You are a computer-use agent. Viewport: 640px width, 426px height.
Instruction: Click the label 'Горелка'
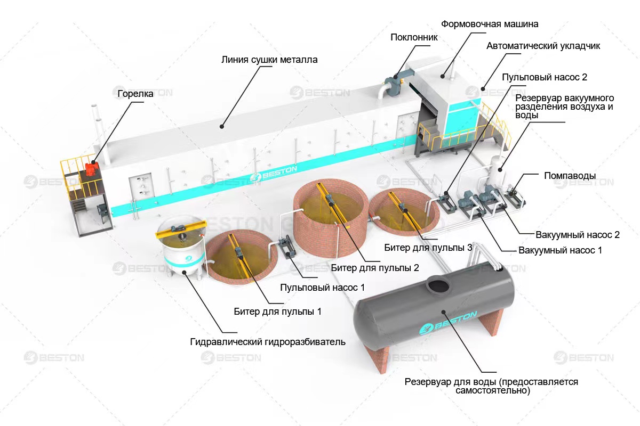point(135,94)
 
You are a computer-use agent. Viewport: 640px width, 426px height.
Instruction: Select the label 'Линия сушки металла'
point(269,60)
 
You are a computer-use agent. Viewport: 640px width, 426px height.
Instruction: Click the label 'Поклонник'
point(414,37)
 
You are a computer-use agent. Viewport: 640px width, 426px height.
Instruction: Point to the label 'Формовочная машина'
point(490,24)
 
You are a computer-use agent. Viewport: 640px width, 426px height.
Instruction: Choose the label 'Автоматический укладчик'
point(543,46)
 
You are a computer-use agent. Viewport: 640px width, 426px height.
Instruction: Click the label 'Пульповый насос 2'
point(545,77)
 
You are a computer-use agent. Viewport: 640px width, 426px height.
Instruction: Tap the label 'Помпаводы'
point(570,175)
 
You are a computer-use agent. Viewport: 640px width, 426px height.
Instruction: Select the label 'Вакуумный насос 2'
point(570,234)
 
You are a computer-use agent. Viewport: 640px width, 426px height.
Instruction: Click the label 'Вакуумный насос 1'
point(559,250)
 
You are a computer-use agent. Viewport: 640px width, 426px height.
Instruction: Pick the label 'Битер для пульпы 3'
point(428,248)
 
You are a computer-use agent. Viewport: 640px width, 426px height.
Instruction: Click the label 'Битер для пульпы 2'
point(371,267)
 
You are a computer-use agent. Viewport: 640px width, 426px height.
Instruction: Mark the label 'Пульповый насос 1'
point(323,288)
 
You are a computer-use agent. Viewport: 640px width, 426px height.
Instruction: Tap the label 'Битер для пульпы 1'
point(277,311)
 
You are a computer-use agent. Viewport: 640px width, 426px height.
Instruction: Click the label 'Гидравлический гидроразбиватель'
point(268,341)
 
